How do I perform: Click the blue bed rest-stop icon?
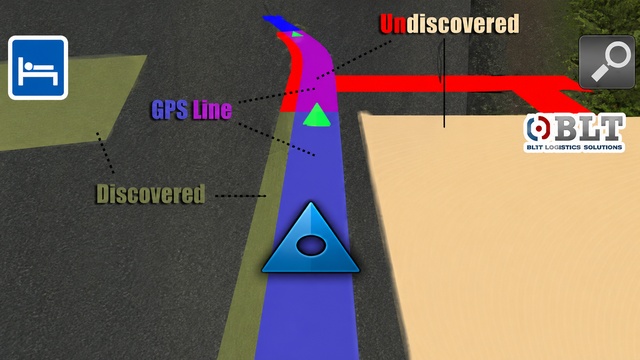tap(38, 68)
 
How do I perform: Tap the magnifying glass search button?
tap(607, 62)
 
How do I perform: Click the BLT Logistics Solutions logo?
tap(575, 133)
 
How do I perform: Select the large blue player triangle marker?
tap(311, 238)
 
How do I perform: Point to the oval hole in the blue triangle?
tap(311, 246)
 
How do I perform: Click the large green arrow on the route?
tap(317, 115)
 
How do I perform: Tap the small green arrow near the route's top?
tap(297, 34)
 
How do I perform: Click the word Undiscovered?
tap(449, 24)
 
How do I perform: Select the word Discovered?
tap(150, 194)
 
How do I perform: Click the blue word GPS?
tap(170, 110)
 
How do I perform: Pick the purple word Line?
tap(212, 110)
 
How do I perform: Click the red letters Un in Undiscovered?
tap(393, 24)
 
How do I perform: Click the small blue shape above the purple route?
tap(280, 23)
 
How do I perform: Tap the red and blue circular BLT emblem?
tap(538, 128)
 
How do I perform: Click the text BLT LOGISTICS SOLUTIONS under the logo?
tap(574, 147)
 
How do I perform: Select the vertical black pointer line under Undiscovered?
tap(444, 83)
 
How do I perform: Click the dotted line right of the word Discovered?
tap(241, 196)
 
